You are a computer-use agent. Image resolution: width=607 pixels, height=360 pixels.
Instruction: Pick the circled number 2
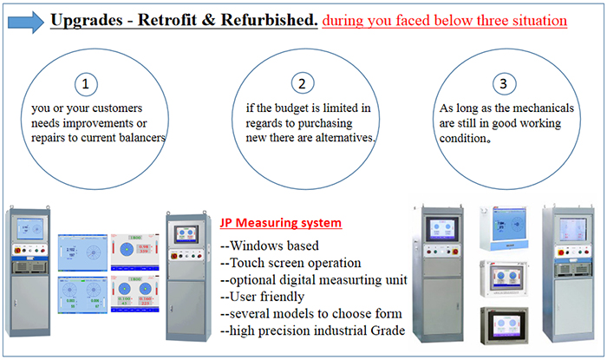(x=302, y=84)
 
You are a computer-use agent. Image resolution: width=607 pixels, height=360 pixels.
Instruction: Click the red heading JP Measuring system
(x=274, y=223)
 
